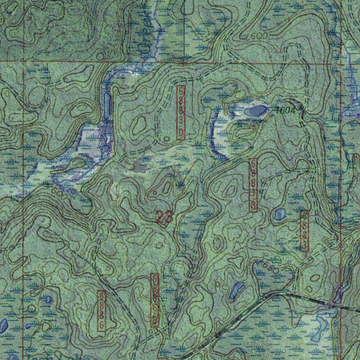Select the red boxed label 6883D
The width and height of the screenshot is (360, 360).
point(181,112)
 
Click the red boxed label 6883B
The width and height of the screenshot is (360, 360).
point(253,185)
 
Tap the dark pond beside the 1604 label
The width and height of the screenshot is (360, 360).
point(256,111)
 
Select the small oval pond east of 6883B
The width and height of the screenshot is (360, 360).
point(279,214)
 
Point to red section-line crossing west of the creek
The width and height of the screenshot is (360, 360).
point(23,61)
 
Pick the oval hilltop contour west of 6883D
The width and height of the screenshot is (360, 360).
point(140,124)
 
